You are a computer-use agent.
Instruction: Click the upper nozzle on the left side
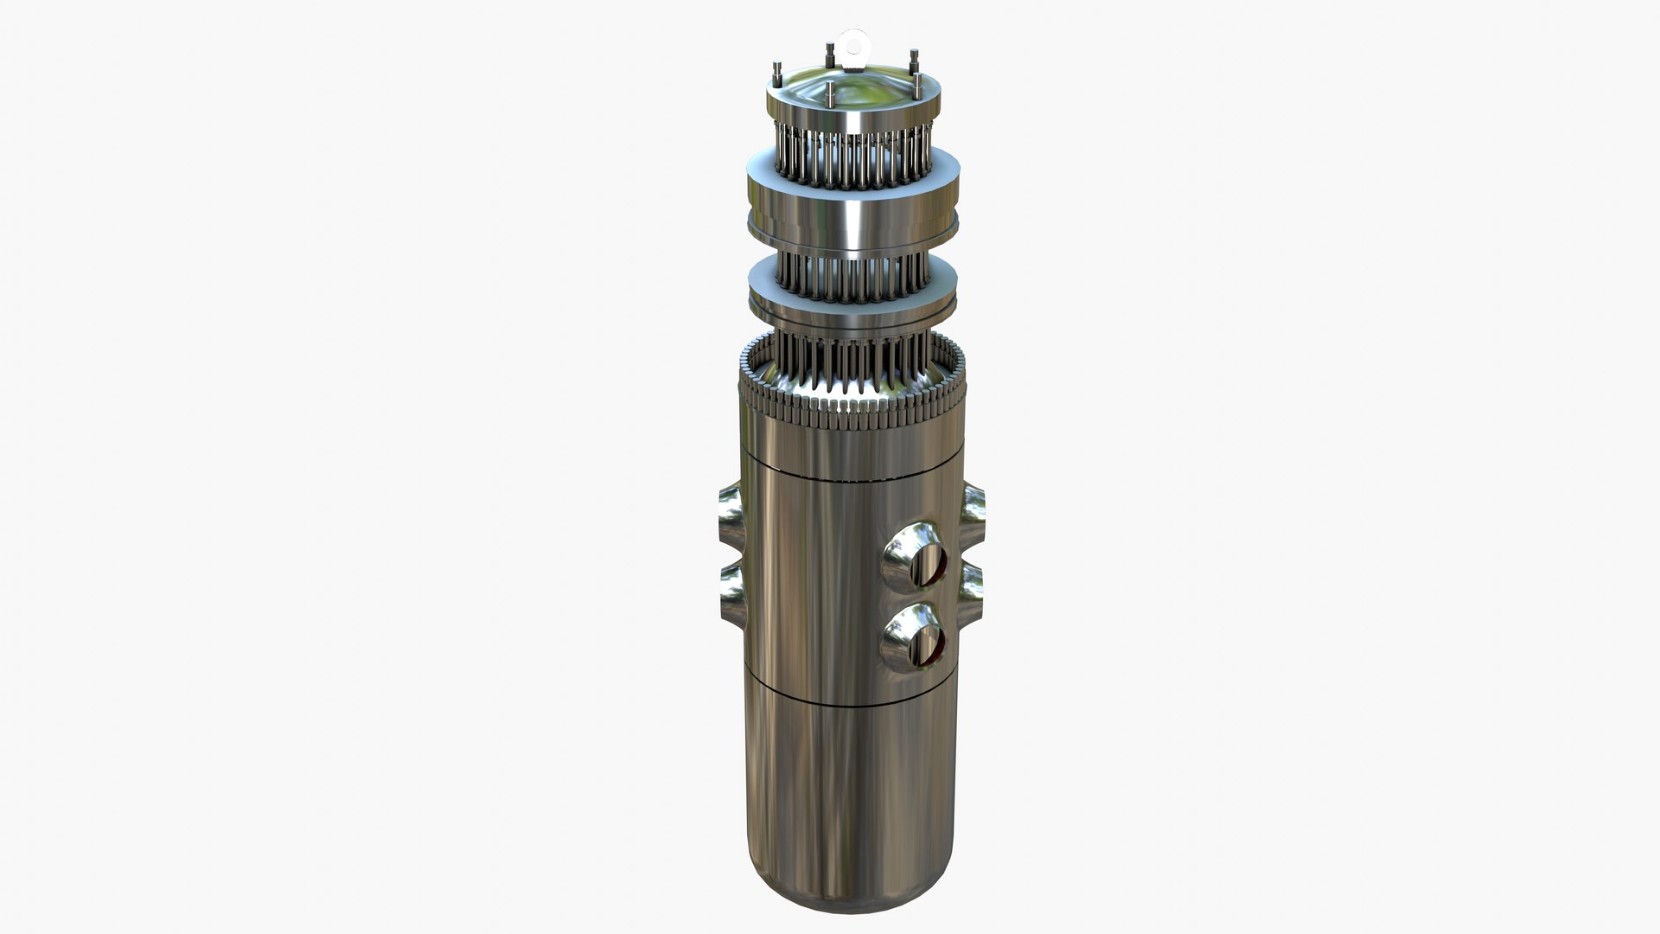point(731,510)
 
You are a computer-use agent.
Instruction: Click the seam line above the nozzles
point(852,474)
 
